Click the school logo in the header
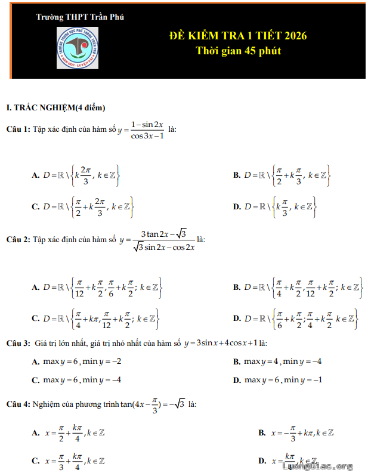coord(78,48)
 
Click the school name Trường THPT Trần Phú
coord(80,17)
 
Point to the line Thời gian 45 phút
coord(239,51)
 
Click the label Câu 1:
coord(18,129)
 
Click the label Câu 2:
coord(18,240)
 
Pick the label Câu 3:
coord(18,344)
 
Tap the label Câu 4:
coord(18,404)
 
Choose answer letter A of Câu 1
coord(35,175)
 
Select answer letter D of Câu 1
coord(237,207)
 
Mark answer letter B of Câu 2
coord(237,287)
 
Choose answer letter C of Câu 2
coord(35,319)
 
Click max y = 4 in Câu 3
coord(261,361)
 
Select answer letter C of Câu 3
coord(35,380)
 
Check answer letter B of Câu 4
coord(262,432)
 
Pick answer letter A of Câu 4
coord(35,432)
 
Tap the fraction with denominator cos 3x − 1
coord(147,129)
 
